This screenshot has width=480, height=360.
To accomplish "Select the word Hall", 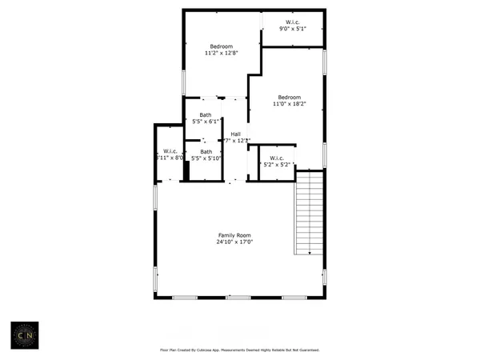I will tap(236, 134).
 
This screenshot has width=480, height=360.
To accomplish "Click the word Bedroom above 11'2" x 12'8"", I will tap(221, 46).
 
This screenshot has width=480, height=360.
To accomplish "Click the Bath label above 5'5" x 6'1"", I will tap(206, 115).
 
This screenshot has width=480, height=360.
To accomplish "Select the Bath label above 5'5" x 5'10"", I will tap(206, 151).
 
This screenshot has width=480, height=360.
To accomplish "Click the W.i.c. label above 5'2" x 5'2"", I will tap(277, 158).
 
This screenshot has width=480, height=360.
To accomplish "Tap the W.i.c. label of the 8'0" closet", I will tap(170, 151).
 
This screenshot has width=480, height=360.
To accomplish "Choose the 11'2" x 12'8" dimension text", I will tap(221, 54).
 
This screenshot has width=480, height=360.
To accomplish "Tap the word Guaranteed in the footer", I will tap(306, 350).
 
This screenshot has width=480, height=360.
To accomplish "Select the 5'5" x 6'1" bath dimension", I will tap(206, 122).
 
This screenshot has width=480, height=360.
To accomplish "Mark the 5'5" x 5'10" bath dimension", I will tap(206, 158).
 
